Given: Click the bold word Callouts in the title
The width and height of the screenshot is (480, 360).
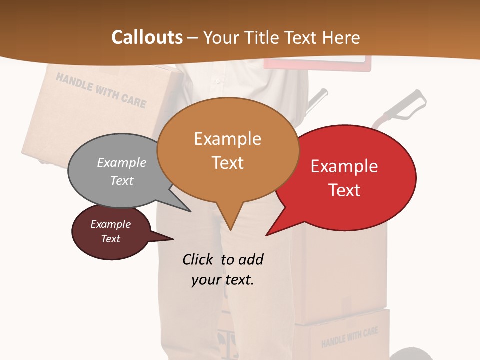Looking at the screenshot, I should tap(147, 37).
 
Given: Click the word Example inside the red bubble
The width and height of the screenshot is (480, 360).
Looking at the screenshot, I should tap(344, 166).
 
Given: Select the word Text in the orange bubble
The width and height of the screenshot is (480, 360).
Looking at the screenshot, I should tap(228, 163).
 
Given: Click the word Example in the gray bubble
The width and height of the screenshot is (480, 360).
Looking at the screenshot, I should tap(122, 162).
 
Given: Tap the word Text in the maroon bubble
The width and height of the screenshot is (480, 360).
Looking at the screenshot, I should tap(110, 239).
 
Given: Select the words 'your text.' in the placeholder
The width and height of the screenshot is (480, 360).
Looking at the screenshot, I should tap(223, 280).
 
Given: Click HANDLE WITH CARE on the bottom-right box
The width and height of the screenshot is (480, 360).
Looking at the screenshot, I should tap(349, 337).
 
